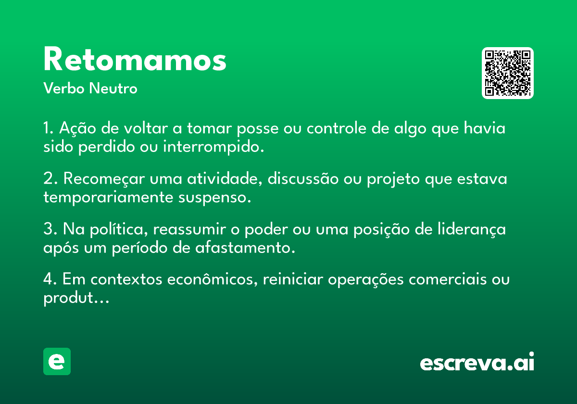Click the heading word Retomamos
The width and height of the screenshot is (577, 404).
[135, 59]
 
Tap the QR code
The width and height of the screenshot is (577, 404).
[507, 73]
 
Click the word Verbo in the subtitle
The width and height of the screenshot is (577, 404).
[64, 88]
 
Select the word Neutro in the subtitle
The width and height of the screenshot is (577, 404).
[113, 88]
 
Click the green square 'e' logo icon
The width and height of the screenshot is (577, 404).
[57, 361]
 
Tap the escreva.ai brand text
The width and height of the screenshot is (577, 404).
[477, 362]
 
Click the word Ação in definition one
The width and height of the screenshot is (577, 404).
[77, 128]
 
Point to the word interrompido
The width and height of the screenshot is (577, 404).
[213, 147]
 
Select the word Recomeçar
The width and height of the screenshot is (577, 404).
[104, 179]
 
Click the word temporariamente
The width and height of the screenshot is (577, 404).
[108, 198]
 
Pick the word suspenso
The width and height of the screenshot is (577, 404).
[214, 198]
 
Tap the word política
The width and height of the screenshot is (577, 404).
[119, 229]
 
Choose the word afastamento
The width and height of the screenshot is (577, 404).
[245, 248]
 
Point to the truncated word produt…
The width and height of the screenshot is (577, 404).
[76, 298]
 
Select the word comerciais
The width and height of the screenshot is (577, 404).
[448, 279]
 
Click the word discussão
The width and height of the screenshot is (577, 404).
[303, 178]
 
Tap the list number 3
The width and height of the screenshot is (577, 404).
[49, 229]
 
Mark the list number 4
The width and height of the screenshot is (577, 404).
[49, 279]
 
